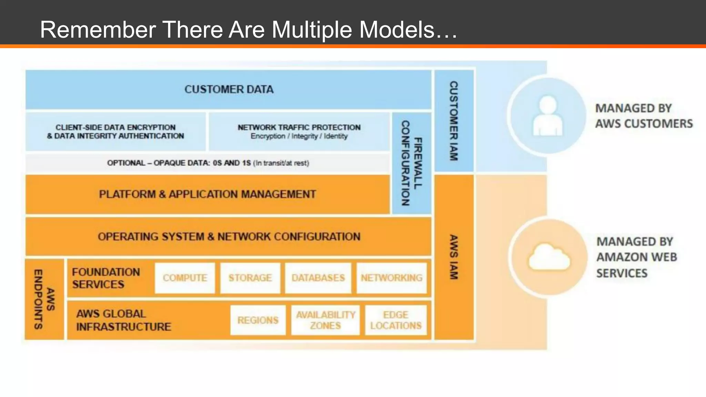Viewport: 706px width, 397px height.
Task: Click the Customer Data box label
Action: point(229,90)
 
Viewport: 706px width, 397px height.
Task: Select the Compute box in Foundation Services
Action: point(185,278)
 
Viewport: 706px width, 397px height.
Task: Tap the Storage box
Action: point(250,278)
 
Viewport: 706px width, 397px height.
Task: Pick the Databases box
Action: point(318,278)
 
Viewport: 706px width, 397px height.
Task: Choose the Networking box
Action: point(392,278)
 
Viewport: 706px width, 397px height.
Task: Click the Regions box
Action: point(258,320)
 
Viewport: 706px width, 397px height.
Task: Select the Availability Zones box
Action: point(325,320)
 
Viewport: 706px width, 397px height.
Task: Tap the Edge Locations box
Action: point(396,320)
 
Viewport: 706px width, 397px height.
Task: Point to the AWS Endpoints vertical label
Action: point(44,299)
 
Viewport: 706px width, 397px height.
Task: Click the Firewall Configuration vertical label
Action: point(412,163)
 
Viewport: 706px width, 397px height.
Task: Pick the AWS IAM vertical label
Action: point(454,257)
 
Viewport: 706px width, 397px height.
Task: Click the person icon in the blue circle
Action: point(547,116)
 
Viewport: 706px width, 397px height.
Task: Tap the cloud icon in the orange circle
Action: point(549,257)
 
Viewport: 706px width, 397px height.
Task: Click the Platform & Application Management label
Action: point(208,194)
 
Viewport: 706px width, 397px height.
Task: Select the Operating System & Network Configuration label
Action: point(229,237)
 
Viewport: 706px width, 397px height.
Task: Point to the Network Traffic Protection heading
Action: point(299,128)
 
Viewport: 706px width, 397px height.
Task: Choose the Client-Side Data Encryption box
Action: point(115,132)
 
